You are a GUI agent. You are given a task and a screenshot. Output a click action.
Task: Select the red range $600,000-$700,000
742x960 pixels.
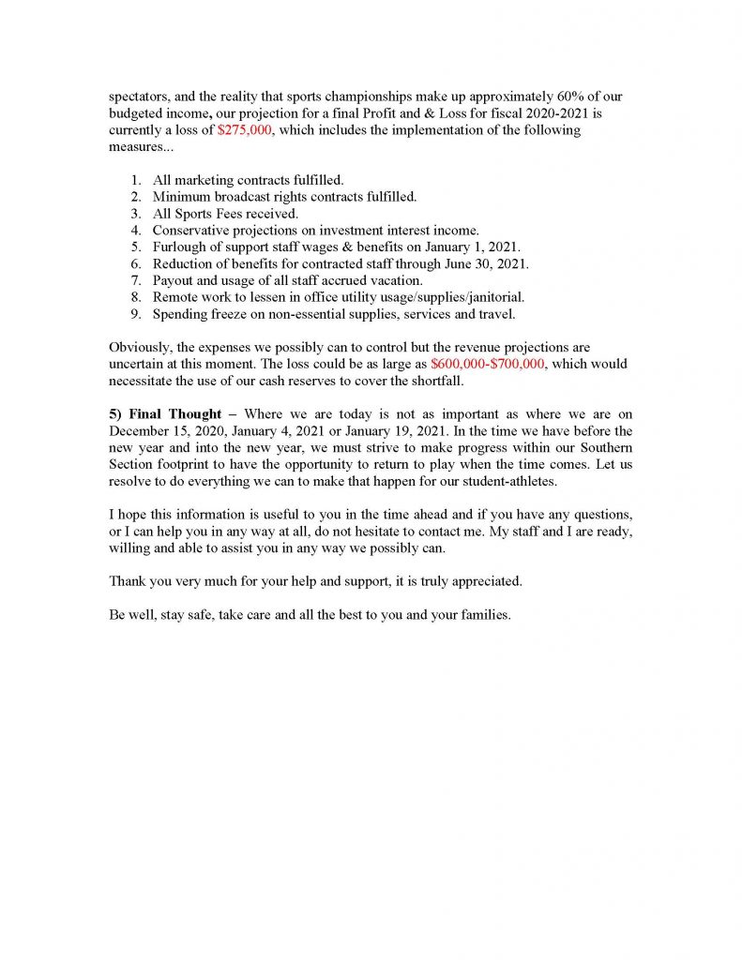pyautogui.click(x=488, y=363)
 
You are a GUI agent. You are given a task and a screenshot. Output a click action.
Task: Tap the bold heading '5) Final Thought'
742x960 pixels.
pyautogui.click(x=165, y=413)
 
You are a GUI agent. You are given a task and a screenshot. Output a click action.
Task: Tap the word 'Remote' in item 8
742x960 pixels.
pyautogui.click(x=176, y=297)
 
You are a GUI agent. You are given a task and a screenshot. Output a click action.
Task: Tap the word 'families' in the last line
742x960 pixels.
pyautogui.click(x=484, y=616)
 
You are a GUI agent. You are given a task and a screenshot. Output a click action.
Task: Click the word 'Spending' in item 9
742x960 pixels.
pyautogui.click(x=180, y=314)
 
